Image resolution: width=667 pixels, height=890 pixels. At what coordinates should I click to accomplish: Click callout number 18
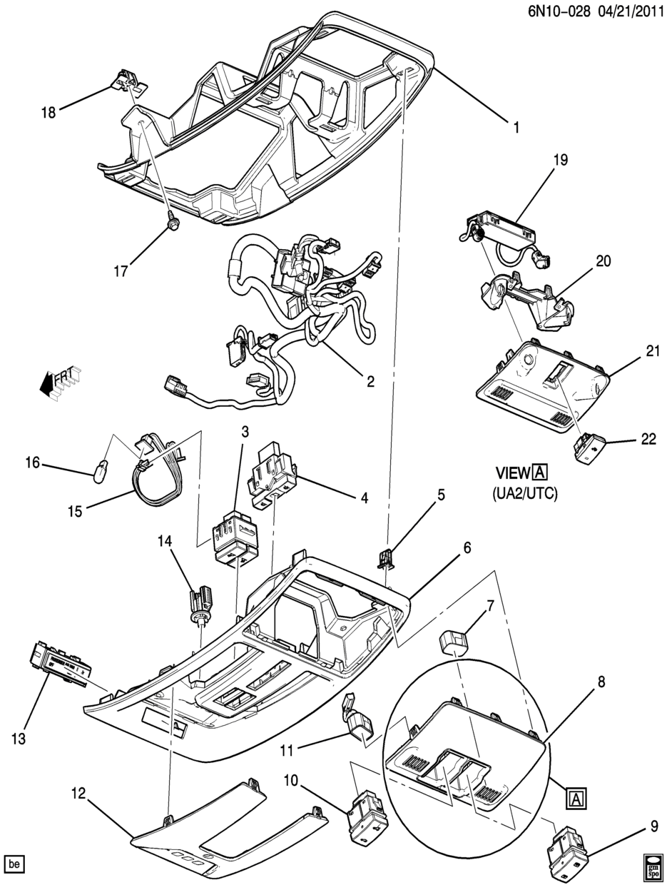click(48, 112)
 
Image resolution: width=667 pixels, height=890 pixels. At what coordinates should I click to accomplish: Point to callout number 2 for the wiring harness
click(370, 381)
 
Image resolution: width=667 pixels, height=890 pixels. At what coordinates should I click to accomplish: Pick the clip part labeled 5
click(386, 557)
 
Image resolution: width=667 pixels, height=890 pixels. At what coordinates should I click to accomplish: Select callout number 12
click(78, 792)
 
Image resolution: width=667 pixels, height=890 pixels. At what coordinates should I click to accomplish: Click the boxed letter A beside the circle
click(576, 798)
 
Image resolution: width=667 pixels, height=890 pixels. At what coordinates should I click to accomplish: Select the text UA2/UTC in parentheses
click(524, 492)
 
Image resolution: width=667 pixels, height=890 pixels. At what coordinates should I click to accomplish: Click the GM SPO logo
click(651, 864)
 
